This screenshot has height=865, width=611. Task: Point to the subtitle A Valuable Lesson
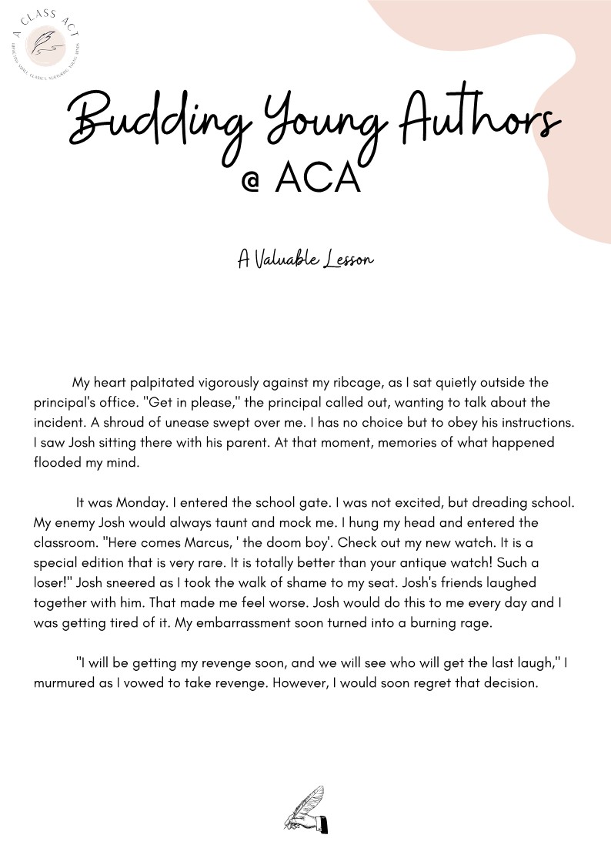[305, 259]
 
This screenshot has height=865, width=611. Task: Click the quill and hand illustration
[305, 810]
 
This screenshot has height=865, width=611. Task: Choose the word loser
[55, 583]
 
